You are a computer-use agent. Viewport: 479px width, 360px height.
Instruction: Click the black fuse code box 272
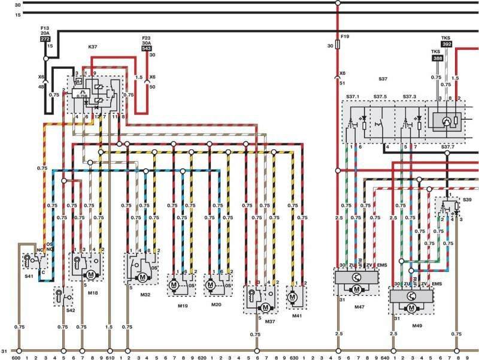[x=45, y=38]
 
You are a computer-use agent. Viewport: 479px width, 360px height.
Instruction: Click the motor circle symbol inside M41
[x=293, y=297]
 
